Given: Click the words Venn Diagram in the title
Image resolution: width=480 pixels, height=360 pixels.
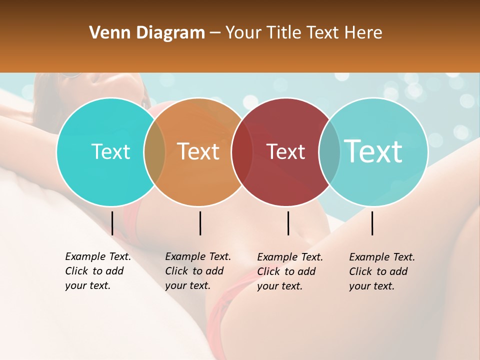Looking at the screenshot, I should (x=147, y=33).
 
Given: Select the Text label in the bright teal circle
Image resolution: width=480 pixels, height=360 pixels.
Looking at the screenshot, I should (x=111, y=151).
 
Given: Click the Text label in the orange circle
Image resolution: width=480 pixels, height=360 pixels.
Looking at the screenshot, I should (x=198, y=151).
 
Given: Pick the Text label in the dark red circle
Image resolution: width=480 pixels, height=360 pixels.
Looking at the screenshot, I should (x=286, y=151).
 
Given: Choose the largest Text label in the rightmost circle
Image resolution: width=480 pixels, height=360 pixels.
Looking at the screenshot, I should (x=373, y=151).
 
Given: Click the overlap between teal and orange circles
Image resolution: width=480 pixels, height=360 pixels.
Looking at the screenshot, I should (x=154, y=151).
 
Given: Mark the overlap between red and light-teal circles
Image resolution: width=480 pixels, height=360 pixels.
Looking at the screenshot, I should (x=329, y=151).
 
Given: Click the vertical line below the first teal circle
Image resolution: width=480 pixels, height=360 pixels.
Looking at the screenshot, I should (x=112, y=223).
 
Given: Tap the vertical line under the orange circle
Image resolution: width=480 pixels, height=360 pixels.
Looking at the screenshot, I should (x=200, y=223).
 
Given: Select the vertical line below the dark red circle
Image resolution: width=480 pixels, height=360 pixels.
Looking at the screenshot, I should (x=288, y=223).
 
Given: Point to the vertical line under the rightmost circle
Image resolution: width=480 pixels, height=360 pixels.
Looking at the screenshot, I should (x=372, y=223).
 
